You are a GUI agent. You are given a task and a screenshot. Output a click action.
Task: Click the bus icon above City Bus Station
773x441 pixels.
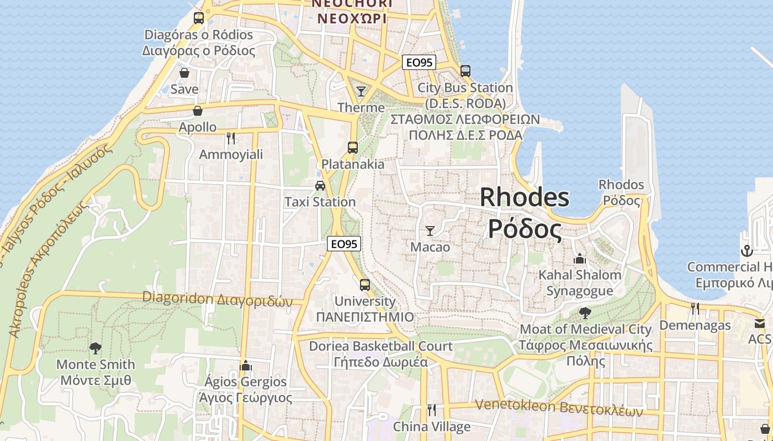(x=465, y=71)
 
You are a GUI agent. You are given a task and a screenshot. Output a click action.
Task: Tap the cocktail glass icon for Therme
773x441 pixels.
(x=361, y=91)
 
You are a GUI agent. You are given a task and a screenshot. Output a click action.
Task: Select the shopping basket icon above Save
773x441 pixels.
(x=184, y=73)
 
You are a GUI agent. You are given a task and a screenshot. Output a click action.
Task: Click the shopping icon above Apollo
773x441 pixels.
(x=198, y=111)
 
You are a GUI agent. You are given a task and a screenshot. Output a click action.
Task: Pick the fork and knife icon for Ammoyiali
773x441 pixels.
(x=231, y=138)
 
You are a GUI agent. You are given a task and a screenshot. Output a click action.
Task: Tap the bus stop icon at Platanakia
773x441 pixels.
(x=353, y=147)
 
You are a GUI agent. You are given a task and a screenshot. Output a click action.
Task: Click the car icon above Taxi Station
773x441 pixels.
(x=320, y=185)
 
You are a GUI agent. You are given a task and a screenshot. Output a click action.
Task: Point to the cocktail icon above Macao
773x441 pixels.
(x=430, y=230)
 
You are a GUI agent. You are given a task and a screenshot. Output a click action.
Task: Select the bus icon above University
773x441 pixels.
(x=365, y=284)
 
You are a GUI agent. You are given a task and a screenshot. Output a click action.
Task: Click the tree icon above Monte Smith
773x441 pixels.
(x=96, y=348)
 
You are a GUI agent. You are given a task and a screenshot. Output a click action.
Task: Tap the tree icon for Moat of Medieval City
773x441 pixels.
(x=585, y=313)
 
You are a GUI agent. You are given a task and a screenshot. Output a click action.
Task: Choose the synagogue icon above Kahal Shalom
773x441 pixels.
(x=580, y=258)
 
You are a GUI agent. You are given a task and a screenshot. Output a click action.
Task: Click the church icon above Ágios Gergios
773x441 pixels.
(x=246, y=365)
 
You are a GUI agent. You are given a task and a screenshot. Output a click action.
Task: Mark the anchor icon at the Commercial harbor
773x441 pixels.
(x=746, y=251)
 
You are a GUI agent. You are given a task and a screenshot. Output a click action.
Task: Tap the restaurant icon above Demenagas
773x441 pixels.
(x=695, y=309)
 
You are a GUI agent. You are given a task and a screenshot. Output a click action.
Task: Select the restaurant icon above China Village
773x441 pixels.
(x=432, y=410)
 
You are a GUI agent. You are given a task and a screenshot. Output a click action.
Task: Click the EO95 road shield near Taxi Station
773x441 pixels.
(x=344, y=243)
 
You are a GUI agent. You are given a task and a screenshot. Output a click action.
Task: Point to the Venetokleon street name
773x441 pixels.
(x=559, y=408)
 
